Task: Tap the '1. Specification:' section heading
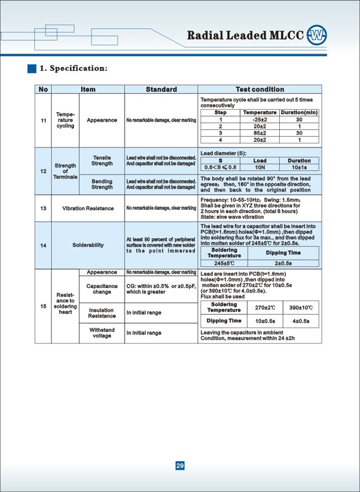coord(74,68)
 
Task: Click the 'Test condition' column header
coord(260,90)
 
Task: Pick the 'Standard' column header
coord(161,90)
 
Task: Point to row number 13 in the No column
coord(43,208)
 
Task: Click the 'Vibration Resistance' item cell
coord(87,208)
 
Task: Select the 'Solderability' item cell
coord(87,245)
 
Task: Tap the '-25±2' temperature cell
coord(260,119)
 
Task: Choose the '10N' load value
coord(260,167)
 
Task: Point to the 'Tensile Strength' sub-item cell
coord(102,161)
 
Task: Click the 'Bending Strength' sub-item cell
coord(102,184)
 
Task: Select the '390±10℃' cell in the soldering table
coord(301,308)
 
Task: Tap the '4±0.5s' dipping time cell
coord(301,321)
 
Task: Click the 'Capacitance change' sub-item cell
coord(102,289)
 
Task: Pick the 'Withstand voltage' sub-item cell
coord(102,332)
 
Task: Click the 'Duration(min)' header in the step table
coord(299,112)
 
